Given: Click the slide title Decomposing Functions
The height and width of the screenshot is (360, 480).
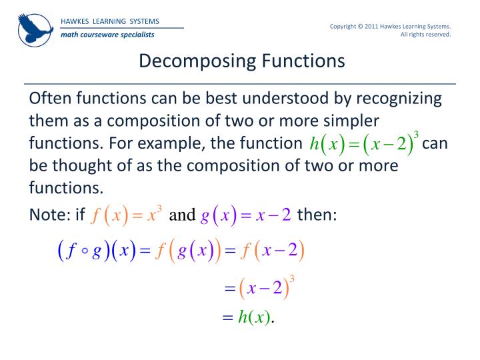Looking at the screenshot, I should pos(242,61).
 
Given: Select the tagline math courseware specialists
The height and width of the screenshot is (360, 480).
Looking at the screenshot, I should pos(107,34).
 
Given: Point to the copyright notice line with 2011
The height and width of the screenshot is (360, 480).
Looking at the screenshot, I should pos(391,26).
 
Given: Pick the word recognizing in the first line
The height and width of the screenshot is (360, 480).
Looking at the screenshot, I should pos(398,99).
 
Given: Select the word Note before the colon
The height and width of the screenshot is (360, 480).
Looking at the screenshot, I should pos(47,214).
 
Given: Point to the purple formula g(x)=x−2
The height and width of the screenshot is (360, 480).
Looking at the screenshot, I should pos(246,215).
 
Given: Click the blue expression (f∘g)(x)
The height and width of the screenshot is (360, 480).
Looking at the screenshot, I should pos(95,251).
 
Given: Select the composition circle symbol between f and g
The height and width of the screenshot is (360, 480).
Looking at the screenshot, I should pos(85,252).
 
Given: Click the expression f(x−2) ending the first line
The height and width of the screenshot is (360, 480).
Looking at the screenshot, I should pos(273,251).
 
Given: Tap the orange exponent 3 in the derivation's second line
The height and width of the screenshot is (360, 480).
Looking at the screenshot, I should pos(292,277).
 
